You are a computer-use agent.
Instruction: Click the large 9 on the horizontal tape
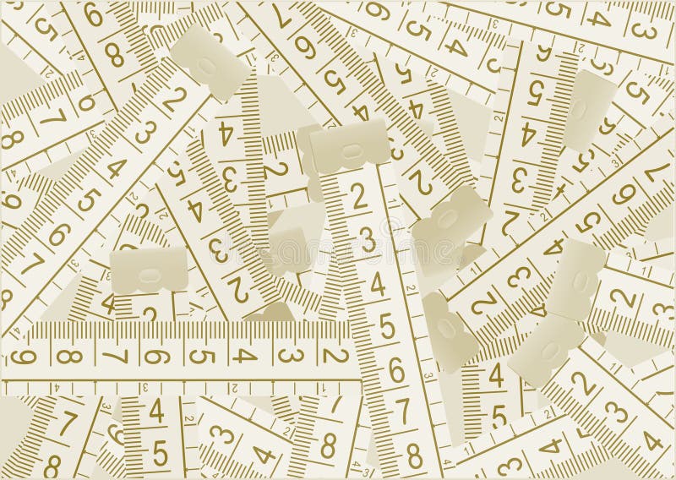22,355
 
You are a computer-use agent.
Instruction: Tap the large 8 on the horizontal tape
68,355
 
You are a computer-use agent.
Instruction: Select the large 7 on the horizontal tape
112,355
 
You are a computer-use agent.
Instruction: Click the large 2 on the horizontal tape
335,355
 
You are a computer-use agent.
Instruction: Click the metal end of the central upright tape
350,150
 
